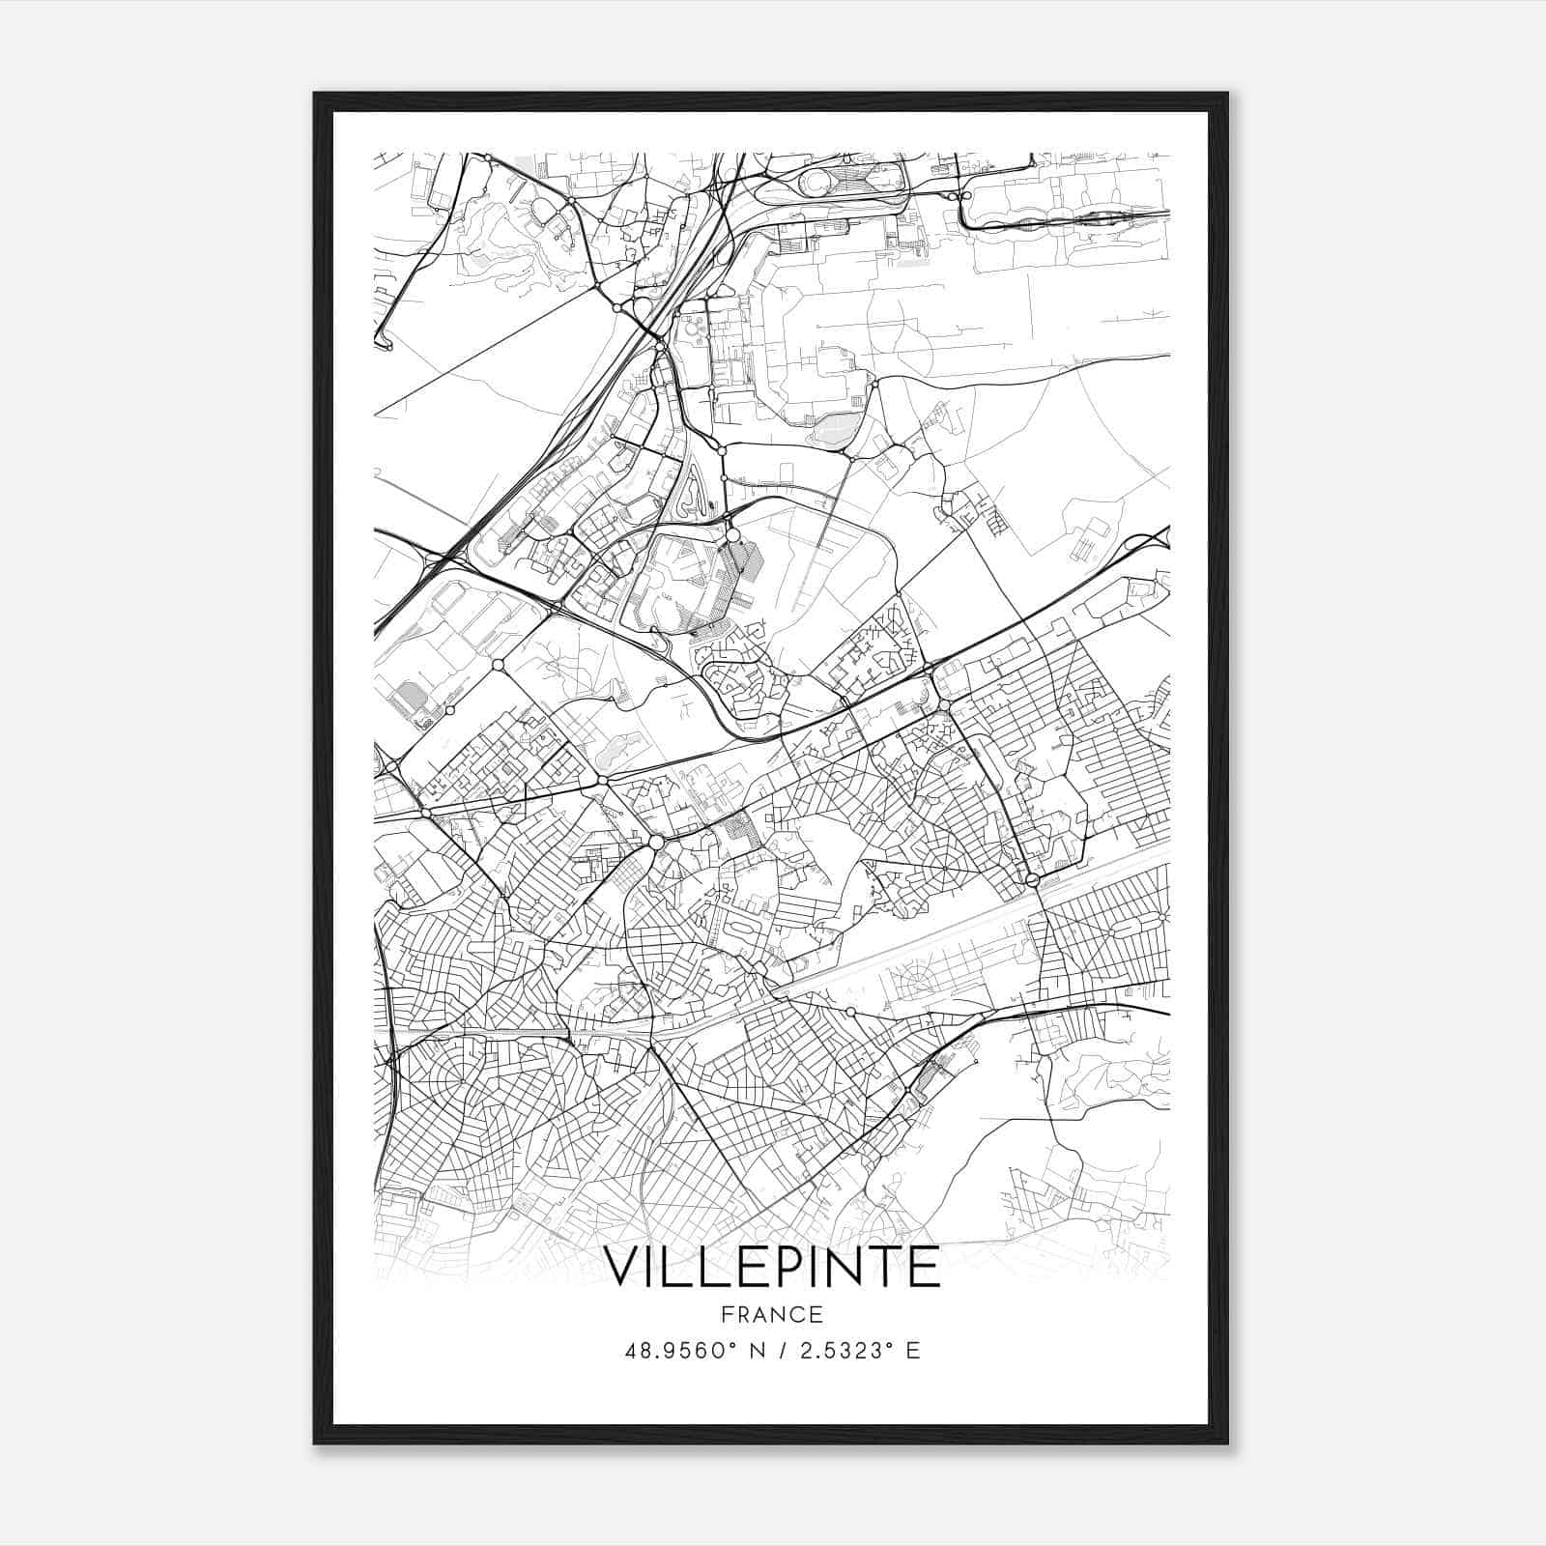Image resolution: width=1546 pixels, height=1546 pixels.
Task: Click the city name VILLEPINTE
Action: pos(772,1267)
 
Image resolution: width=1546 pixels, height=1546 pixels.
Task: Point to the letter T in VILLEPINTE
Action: pos(876,1267)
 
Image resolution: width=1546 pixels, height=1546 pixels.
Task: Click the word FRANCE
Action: pos(771,1314)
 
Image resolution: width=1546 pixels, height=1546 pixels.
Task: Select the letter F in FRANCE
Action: pos(725,1314)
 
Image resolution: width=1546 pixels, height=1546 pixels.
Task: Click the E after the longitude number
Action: pos(913,1351)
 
